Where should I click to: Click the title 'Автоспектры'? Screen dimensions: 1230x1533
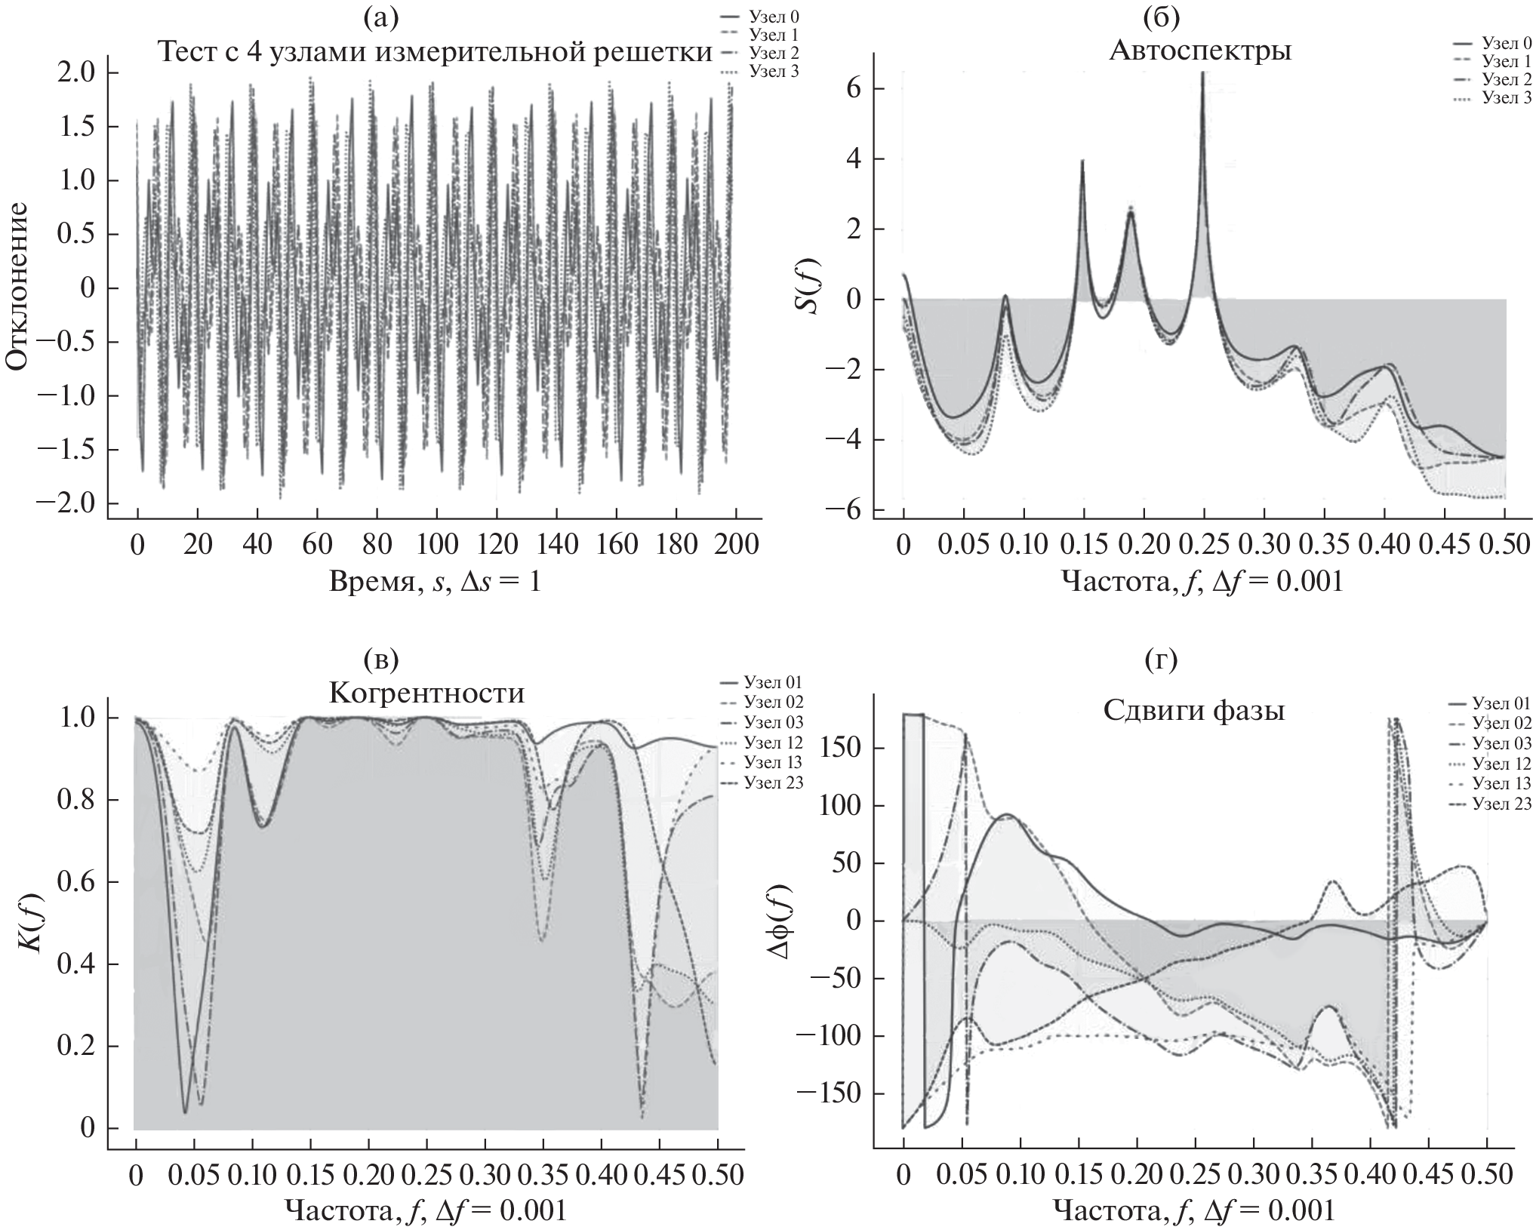1200,51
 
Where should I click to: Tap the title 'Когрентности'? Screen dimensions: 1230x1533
426,693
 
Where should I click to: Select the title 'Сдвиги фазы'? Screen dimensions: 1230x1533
1194,711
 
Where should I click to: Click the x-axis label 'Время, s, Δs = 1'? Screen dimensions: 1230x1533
435,581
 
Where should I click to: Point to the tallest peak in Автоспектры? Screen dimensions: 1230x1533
1202,73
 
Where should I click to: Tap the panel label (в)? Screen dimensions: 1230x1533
380,660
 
